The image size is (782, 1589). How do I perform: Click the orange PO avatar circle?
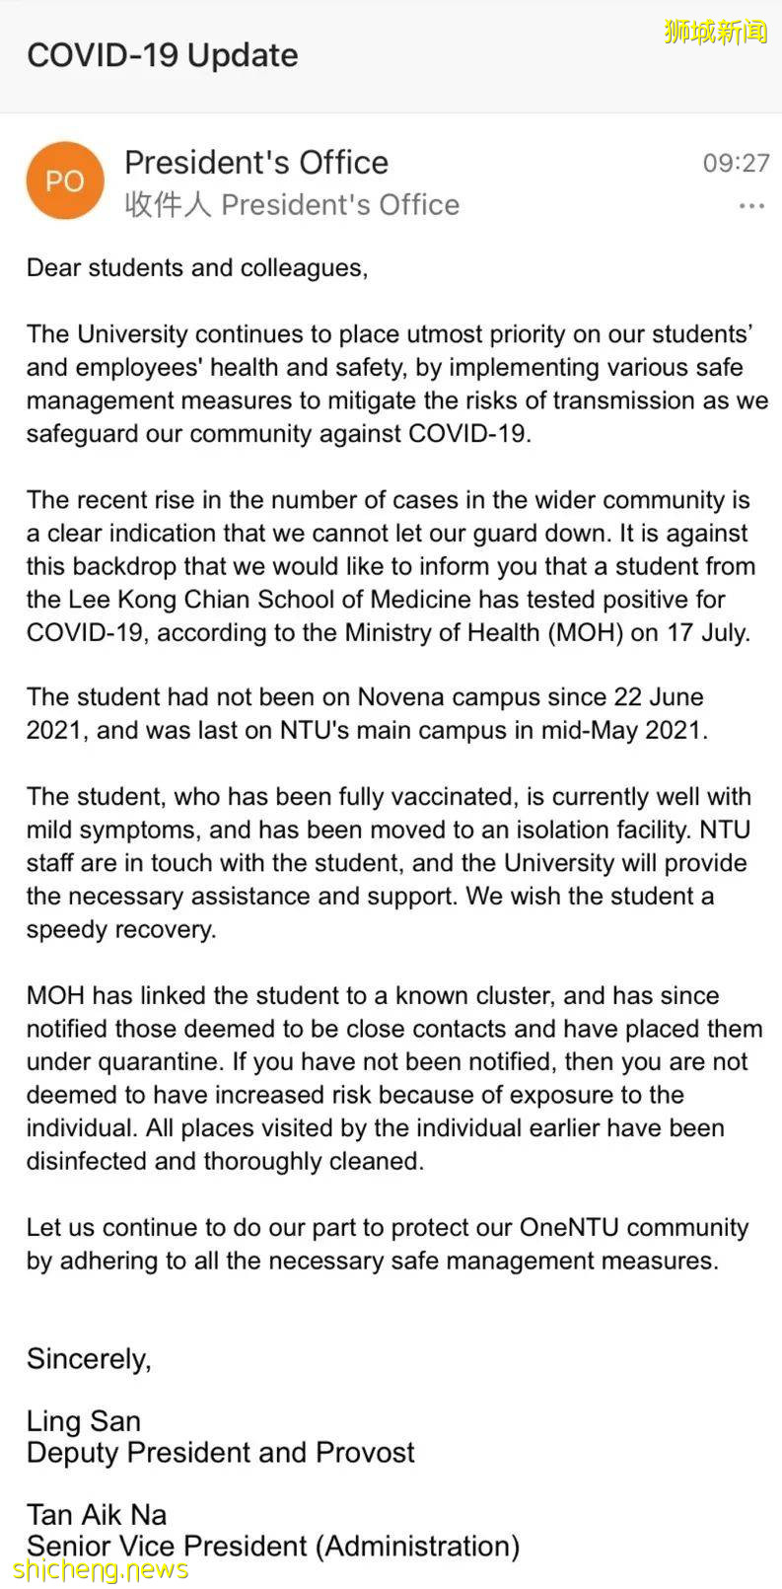click(x=65, y=181)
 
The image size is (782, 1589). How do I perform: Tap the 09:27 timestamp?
click(x=736, y=163)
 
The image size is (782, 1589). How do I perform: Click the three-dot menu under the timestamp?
click(x=751, y=206)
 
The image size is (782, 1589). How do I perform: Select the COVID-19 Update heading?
click(x=163, y=55)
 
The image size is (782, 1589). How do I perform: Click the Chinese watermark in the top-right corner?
click(x=715, y=32)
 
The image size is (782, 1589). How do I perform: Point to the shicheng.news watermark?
click(x=102, y=1568)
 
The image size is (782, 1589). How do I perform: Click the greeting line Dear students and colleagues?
click(x=197, y=267)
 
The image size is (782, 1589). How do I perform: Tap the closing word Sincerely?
click(x=89, y=1359)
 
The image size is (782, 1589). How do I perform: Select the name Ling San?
click(x=84, y=1420)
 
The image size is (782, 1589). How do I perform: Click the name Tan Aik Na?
click(x=97, y=1514)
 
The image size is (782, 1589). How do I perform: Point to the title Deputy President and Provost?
click(x=221, y=1452)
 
